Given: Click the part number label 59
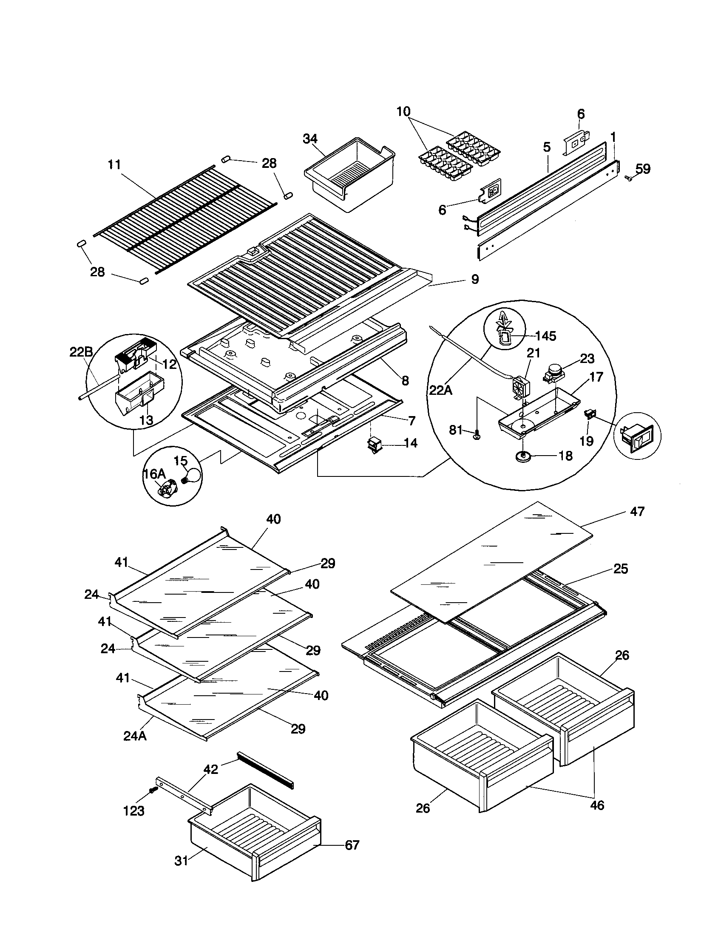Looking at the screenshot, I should [x=642, y=169].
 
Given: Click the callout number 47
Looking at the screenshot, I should [x=637, y=511].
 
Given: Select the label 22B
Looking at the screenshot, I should [x=81, y=352].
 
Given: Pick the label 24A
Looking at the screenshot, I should [x=135, y=737].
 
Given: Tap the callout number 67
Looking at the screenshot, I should [x=352, y=845].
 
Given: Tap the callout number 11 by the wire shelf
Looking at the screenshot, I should [x=114, y=164].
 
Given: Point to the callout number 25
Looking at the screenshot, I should [x=620, y=569].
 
